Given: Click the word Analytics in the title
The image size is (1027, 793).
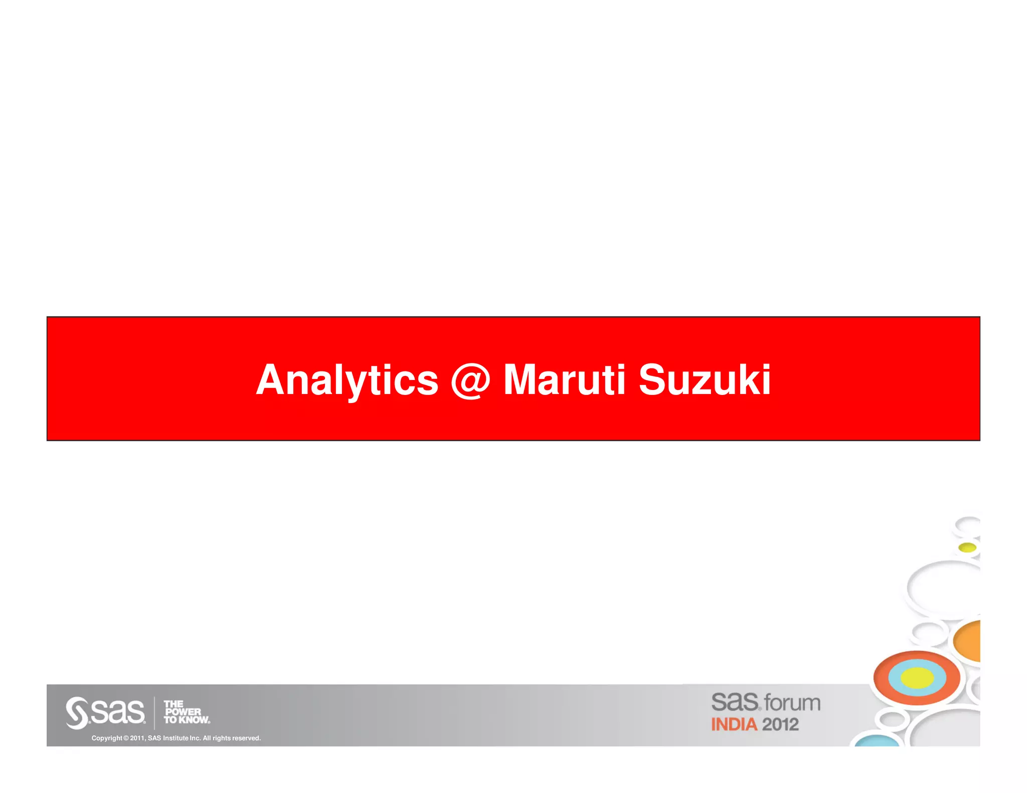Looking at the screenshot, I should [x=347, y=380].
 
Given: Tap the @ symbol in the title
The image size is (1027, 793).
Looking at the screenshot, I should [x=470, y=380].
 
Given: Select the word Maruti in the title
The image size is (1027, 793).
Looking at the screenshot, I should [x=564, y=380].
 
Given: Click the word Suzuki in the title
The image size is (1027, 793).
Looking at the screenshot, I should [x=704, y=380].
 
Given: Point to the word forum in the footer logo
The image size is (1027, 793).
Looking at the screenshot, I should [x=792, y=703].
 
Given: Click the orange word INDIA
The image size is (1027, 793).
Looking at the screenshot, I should [x=734, y=724].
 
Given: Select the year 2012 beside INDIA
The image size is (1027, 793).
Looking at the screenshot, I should [x=780, y=724].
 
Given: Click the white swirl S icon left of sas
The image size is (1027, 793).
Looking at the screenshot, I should [x=77, y=712].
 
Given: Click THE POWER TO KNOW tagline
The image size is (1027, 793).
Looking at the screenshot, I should [x=186, y=712].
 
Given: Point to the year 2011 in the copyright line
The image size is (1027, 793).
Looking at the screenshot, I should [x=137, y=738].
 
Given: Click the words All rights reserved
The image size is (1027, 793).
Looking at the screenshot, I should [x=232, y=738].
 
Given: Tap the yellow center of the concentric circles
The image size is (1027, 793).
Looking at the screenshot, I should [x=917, y=678].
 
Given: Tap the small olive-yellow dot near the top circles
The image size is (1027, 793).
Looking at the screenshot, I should [x=967, y=547].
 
